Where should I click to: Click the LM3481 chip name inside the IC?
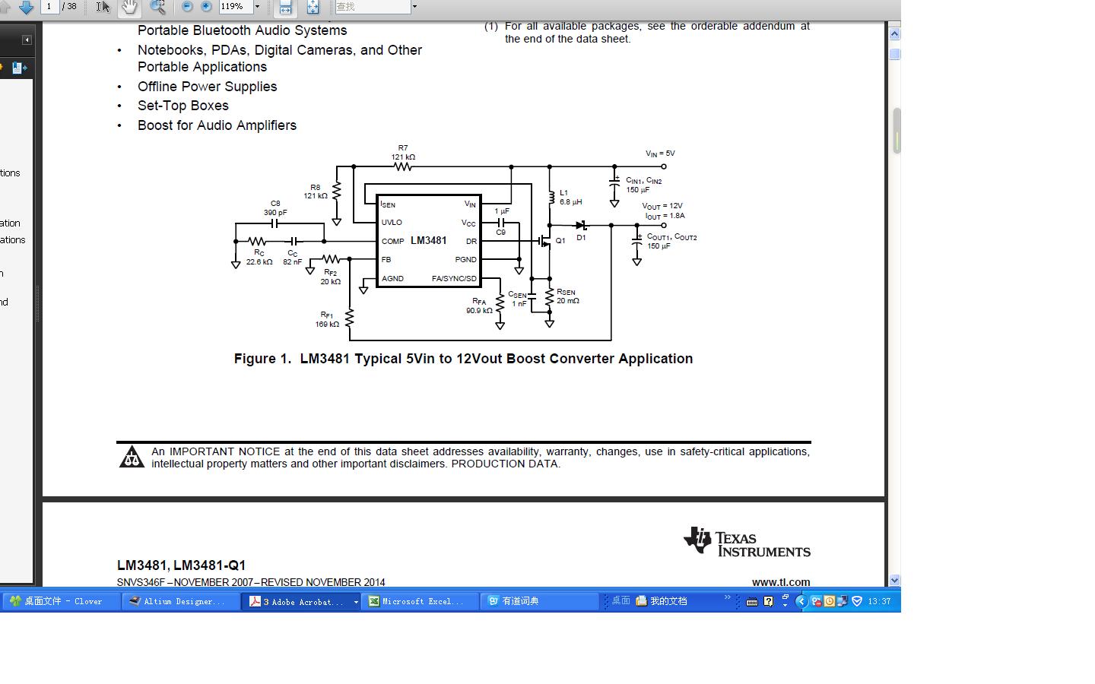428,241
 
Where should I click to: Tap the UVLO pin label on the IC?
392,223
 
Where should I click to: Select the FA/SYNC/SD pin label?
454,279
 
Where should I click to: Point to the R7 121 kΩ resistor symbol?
403,166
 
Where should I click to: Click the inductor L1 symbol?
551,198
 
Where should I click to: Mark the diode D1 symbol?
582,225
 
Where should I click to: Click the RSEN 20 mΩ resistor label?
567,296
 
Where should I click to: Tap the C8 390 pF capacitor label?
275,208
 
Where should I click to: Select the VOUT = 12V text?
662,206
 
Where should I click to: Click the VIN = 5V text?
660,154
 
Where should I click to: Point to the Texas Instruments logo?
746,543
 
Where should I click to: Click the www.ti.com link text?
781,582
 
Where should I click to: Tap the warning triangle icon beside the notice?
132,457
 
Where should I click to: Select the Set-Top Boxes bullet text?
183,106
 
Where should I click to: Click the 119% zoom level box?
236,7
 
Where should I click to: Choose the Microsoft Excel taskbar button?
420,601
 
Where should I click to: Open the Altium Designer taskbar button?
180,601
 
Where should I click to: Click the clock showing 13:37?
879,601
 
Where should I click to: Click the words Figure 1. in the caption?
262,359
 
